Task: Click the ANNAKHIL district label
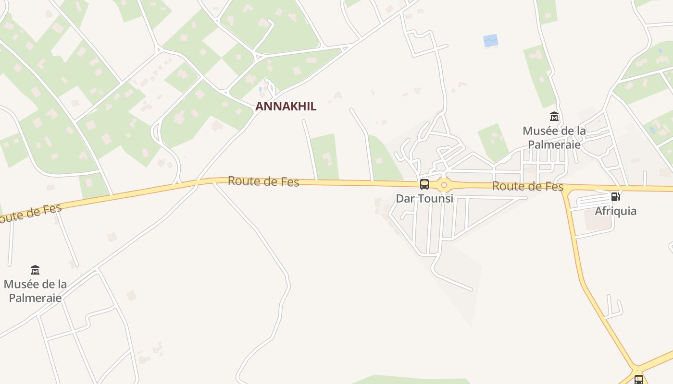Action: pyautogui.click(x=286, y=107)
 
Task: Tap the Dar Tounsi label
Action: pyautogui.click(x=424, y=198)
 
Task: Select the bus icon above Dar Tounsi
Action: pyautogui.click(x=424, y=184)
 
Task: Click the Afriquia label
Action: pyautogui.click(x=615, y=211)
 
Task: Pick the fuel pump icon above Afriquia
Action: pyautogui.click(x=615, y=196)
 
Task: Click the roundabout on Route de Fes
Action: pyautogui.click(x=444, y=185)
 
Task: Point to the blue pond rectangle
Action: pyautogui.click(x=490, y=41)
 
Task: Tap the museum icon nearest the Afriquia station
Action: pyautogui.click(x=554, y=117)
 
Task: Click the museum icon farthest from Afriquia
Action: pyautogui.click(x=35, y=270)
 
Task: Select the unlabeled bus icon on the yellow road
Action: pyautogui.click(x=638, y=380)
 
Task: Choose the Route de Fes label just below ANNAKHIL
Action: pyautogui.click(x=263, y=181)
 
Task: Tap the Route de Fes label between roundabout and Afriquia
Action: pyautogui.click(x=528, y=186)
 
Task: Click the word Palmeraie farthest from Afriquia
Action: pyautogui.click(x=35, y=298)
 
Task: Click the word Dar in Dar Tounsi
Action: pyautogui.click(x=404, y=198)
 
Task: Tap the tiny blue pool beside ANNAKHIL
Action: pyautogui.click(x=261, y=89)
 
